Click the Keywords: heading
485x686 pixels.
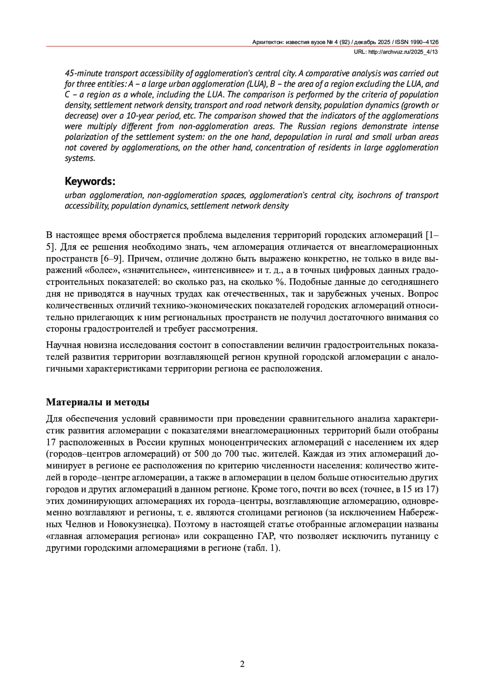[90, 181]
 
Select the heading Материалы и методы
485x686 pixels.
[98, 402]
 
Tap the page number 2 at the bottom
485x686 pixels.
[242, 664]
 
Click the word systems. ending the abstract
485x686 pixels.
[80, 158]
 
